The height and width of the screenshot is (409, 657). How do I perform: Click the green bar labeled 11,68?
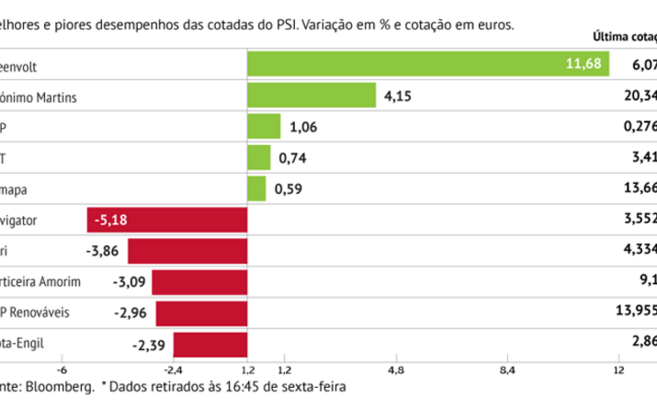428,64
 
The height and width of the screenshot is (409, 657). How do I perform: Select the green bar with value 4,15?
312,96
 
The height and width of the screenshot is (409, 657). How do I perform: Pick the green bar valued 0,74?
259,158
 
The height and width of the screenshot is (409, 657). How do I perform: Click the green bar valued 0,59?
256,189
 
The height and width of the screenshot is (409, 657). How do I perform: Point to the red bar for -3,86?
187,252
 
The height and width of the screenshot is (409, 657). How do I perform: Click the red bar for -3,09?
199,282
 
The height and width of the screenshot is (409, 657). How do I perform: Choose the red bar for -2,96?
201,313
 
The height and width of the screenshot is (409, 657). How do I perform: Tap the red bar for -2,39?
210,345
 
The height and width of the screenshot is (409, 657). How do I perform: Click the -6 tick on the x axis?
62,369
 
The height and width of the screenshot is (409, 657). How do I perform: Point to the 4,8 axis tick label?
397,369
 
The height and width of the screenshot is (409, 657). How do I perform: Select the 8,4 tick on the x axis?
508,369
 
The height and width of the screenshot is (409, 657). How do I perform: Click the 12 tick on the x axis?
618,369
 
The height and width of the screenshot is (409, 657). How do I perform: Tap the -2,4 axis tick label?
173,369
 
